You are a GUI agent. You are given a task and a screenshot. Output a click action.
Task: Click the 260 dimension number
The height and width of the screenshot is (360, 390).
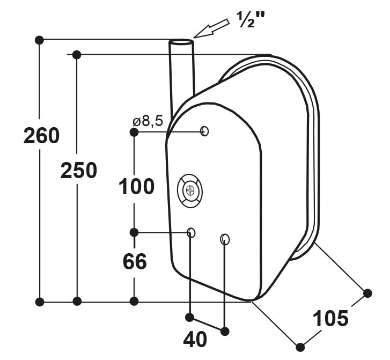click(41, 136)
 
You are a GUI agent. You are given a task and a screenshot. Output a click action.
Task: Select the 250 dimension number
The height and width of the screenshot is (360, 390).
click(79, 171)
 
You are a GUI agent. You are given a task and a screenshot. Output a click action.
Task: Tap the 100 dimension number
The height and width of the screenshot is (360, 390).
click(137, 186)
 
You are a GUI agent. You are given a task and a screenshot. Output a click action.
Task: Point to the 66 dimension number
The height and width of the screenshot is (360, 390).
click(135, 261)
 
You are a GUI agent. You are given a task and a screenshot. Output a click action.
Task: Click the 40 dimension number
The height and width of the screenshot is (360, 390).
click(195, 340)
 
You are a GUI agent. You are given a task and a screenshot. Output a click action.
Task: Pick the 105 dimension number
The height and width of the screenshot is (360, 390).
click(330, 318)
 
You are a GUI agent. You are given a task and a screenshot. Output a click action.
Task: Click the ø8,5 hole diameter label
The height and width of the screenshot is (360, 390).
click(148, 121)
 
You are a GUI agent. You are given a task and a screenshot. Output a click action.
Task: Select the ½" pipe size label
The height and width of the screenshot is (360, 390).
click(250, 20)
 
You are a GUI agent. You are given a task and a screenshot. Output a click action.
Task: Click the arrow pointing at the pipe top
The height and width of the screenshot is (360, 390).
click(211, 28)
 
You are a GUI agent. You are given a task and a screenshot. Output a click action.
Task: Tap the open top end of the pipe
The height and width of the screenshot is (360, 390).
click(181, 42)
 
